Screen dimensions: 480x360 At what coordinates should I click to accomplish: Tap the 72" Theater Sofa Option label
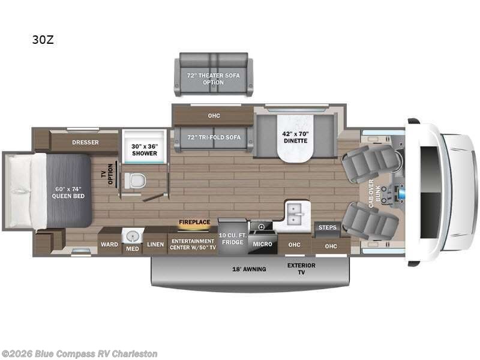point(214,79)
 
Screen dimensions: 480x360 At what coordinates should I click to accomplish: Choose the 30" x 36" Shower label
point(145,149)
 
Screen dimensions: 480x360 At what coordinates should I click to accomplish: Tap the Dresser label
point(85,143)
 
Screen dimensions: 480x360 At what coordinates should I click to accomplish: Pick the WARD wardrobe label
point(109,245)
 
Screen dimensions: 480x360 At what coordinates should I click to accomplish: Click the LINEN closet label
point(155,245)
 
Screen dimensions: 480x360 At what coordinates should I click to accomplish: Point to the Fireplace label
point(194,222)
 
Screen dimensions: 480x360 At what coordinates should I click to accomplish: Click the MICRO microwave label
point(262,245)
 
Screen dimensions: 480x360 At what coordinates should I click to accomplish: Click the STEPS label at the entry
point(328,227)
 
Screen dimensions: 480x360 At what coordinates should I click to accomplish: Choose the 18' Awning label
point(250,269)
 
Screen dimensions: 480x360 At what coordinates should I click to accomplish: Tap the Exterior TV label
point(301,268)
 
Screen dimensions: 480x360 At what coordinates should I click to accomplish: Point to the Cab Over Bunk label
point(374,194)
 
